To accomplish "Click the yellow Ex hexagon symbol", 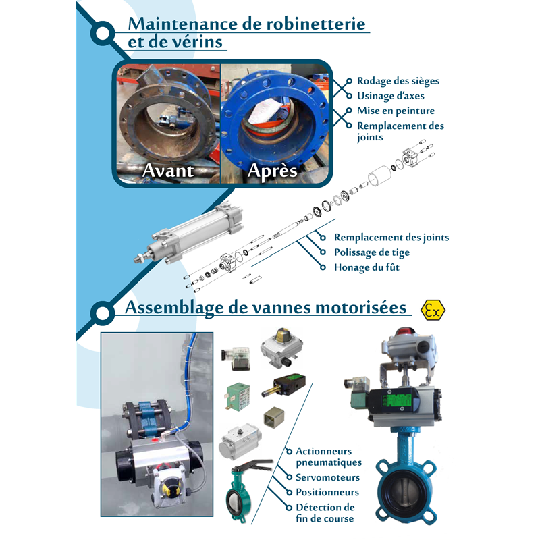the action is point(433,310).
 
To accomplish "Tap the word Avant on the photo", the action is point(168,171).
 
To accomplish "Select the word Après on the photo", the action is point(273,171).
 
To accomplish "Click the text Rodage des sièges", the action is point(398,81).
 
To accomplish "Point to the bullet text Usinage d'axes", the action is point(391,96).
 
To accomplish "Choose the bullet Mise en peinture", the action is point(396,111).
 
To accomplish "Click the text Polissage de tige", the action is point(372,252).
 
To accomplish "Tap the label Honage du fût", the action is point(367,267).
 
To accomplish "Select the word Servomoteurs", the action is point(327,477).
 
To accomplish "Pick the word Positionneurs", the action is point(327,493).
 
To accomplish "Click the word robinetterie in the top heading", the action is point(316,24).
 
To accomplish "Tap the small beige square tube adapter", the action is point(274,417).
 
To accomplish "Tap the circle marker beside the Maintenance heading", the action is point(103,33).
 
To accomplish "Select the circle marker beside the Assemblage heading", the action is point(103,313).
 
